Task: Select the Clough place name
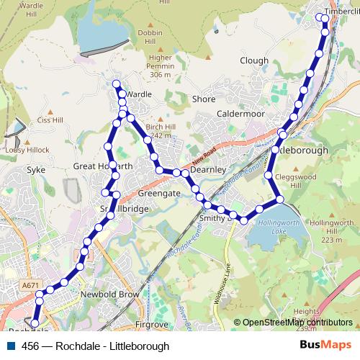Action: pos(254,61)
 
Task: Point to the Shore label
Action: pos(204,99)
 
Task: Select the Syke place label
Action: pos(35,171)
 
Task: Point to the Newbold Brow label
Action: pos(110,296)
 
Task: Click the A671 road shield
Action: pos(31,286)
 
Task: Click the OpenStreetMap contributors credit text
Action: pos(297,323)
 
